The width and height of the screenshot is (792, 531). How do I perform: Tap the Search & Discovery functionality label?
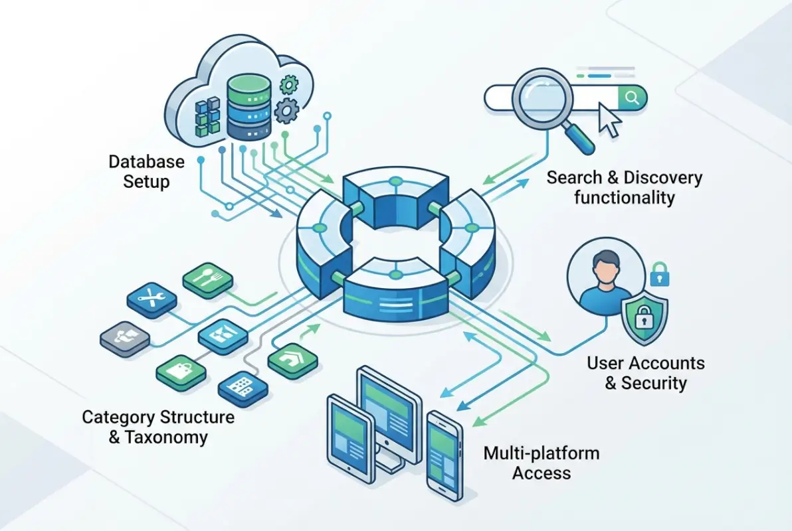[624, 187]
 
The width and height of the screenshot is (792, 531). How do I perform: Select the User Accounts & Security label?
[645, 372]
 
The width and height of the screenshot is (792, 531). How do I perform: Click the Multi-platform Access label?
[541, 463]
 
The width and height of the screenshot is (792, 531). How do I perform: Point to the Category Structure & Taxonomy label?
[157, 427]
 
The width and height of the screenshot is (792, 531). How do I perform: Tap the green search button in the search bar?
[632, 99]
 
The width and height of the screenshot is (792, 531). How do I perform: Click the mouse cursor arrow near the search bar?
[609, 119]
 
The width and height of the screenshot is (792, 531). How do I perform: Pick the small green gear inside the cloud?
[289, 84]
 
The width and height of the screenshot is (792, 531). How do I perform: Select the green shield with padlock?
[644, 319]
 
